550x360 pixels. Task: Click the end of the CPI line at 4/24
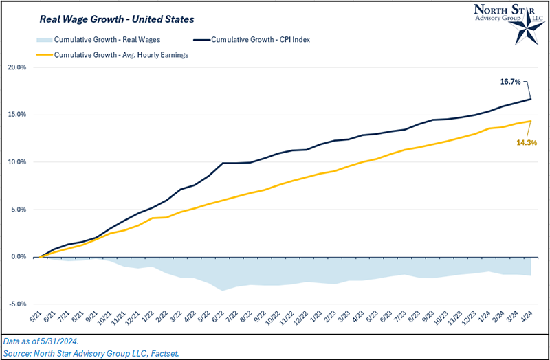click(x=530, y=100)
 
